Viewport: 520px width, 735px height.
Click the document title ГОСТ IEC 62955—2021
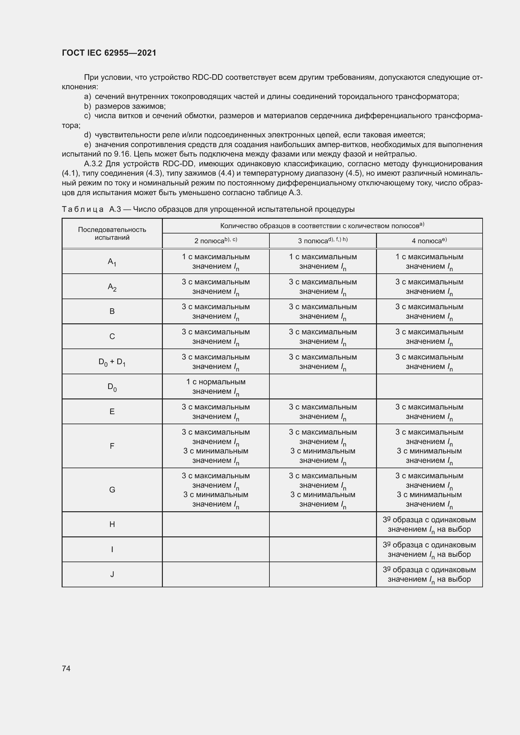pyautogui.click(x=109, y=53)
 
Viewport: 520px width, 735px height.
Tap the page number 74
pyautogui.click(x=66, y=668)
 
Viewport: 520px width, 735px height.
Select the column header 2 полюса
pyautogui.click(x=215, y=241)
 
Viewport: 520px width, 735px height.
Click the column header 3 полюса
pyautogui.click(x=323, y=241)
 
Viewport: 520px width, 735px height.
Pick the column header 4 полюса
pyautogui.click(x=429, y=241)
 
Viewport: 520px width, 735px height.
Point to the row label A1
pyautogui.click(x=112, y=262)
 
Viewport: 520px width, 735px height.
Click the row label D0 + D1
pyautogui.click(x=112, y=362)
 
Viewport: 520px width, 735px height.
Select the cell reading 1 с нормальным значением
pyautogui.click(x=215, y=387)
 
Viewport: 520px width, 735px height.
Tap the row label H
pyautogui.click(x=112, y=524)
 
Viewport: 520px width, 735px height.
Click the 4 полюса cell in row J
pyautogui.click(x=429, y=574)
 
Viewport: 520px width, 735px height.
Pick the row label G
pyautogui.click(x=112, y=490)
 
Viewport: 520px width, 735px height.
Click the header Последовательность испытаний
pyautogui.click(x=112, y=233)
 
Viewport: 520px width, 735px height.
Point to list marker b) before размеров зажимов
pyautogui.click(x=87, y=106)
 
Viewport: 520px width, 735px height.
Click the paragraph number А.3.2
pyautogui.click(x=93, y=164)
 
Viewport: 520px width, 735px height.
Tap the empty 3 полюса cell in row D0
pyautogui.click(x=323, y=387)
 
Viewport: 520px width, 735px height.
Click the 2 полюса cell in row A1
pyautogui.click(x=215, y=261)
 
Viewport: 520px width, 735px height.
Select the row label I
pyautogui.click(x=112, y=549)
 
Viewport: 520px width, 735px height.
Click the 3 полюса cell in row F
pyautogui.click(x=323, y=446)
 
